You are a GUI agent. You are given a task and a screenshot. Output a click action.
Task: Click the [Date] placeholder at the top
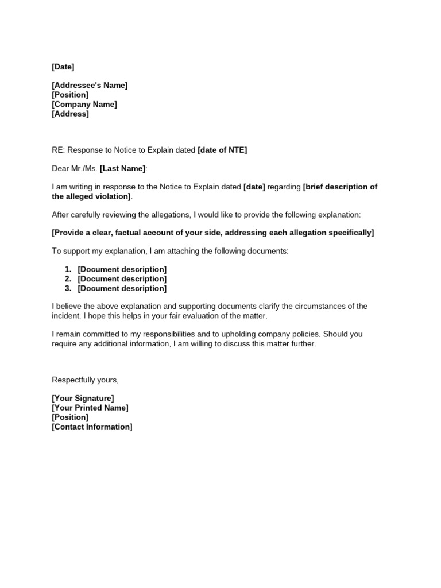click(63, 67)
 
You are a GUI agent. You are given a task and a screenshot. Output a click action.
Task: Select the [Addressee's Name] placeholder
click(90, 86)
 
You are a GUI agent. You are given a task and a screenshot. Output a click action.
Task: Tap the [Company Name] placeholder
click(84, 105)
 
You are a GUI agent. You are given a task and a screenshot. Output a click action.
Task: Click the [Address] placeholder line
click(70, 114)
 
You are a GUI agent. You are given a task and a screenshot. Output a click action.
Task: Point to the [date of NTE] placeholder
click(222, 150)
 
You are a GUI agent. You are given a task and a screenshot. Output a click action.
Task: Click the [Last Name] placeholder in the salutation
click(123, 169)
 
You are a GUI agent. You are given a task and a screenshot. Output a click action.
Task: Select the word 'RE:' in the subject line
click(59, 150)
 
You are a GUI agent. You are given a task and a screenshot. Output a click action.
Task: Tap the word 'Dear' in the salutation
click(60, 169)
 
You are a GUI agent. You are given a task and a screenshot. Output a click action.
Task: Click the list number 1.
click(68, 269)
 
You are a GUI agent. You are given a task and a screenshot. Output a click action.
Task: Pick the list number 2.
click(68, 279)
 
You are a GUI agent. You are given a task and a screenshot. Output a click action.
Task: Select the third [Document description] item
click(122, 288)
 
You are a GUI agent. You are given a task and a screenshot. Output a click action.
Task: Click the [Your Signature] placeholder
click(83, 398)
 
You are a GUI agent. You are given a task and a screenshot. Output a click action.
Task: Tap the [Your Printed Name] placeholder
click(90, 408)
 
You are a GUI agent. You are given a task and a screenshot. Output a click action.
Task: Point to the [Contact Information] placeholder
click(92, 427)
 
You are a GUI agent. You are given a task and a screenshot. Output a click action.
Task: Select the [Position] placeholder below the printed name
click(70, 417)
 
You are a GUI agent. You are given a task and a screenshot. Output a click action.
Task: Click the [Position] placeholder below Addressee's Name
click(70, 95)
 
